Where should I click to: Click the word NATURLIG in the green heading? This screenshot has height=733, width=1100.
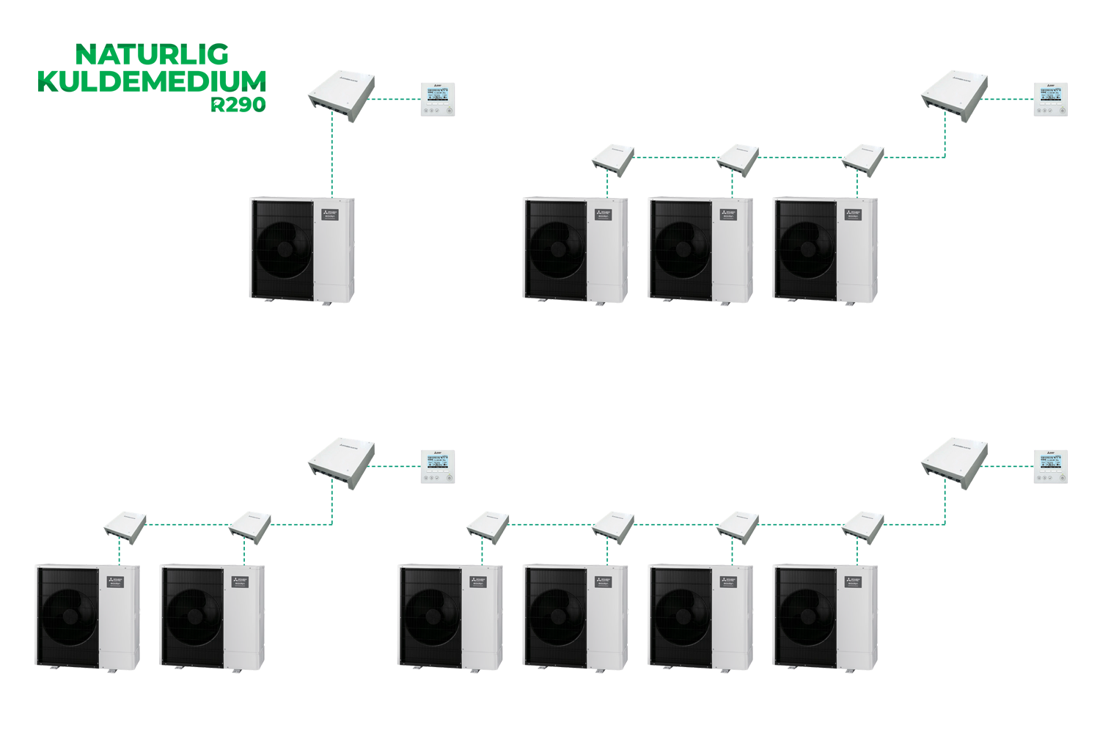pos(153,54)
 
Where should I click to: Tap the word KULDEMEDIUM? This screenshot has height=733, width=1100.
pos(152,81)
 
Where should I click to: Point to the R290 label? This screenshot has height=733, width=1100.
pos(238,105)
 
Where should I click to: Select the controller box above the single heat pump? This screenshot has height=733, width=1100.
pos(341,96)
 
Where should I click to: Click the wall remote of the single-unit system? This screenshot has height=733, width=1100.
pos(439,100)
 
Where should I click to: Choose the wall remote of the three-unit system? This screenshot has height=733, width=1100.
pos(1051,99)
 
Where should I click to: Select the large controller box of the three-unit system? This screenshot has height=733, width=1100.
pos(954,95)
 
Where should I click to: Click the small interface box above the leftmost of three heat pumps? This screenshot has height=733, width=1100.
pos(612,159)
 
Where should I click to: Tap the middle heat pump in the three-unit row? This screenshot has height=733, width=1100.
pos(700,249)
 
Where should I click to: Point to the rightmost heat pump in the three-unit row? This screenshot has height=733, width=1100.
pos(826,249)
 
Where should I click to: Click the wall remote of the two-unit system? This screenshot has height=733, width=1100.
pos(438,467)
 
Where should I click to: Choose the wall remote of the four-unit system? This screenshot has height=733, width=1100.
pos(1051,467)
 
